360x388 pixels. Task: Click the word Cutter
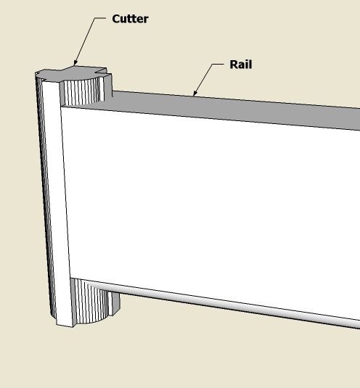point(130,19)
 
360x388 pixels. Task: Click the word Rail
point(241,65)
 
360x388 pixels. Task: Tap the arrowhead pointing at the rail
point(195,93)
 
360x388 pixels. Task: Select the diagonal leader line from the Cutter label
point(85,41)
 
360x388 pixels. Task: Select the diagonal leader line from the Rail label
point(202,80)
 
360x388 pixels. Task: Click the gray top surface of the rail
point(223,109)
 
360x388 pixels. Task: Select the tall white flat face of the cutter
point(57,203)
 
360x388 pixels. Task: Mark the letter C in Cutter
point(116,19)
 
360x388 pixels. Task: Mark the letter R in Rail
point(234,65)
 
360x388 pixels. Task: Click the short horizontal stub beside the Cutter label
point(101,18)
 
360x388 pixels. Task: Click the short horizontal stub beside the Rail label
point(218,64)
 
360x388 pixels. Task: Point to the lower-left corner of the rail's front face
point(70,278)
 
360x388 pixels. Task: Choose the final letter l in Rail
point(250,65)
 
